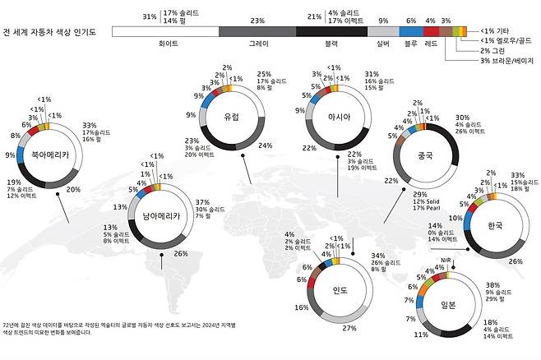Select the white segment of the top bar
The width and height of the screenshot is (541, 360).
click(164, 31)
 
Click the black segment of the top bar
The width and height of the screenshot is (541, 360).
click(331, 31)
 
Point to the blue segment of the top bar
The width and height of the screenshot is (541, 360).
click(411, 31)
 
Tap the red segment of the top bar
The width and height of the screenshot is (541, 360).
click(431, 31)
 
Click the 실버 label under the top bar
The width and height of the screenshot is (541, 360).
click(382, 47)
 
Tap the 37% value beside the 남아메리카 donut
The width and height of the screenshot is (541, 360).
click(201, 201)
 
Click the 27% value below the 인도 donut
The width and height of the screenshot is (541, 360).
click(349, 329)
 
